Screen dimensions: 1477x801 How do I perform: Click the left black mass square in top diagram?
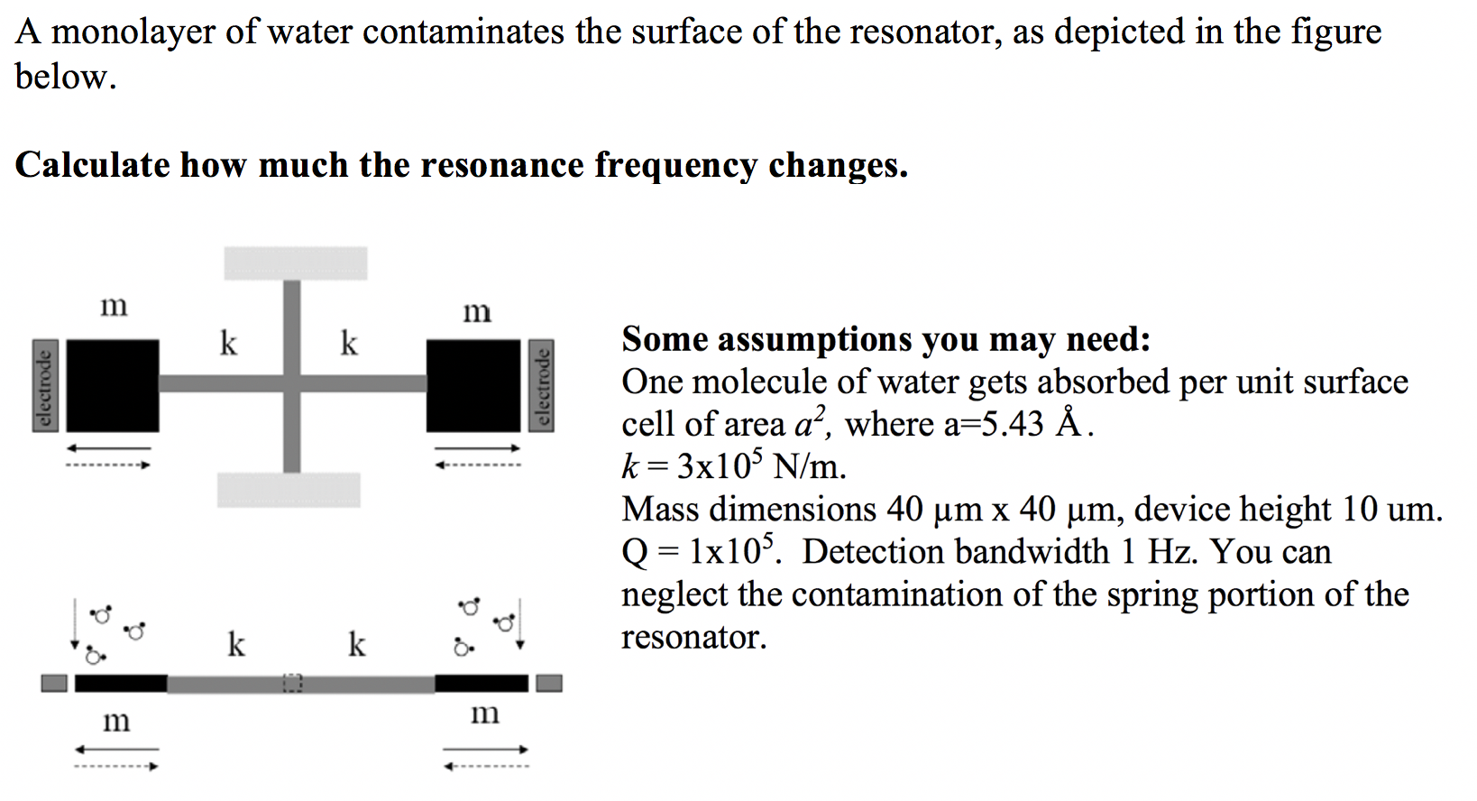coord(113,385)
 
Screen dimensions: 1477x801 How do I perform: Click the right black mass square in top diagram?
coord(473,385)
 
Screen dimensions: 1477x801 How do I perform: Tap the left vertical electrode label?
coord(41,385)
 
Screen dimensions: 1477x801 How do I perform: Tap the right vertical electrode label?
coord(542,385)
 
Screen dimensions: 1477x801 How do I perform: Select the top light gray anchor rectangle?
coord(296,262)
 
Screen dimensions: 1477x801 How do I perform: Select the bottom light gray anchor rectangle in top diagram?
coord(289,490)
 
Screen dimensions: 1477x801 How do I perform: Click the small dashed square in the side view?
coord(291,684)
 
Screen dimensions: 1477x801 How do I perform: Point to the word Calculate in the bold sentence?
coord(92,165)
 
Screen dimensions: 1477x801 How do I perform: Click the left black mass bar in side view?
coord(121,684)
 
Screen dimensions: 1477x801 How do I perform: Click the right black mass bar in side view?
coord(482,684)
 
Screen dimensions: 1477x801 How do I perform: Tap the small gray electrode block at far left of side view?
coord(54,684)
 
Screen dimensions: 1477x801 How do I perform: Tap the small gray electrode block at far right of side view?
coord(549,684)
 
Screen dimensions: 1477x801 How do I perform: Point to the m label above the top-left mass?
coord(114,306)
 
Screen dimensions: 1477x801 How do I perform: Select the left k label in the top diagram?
coord(229,343)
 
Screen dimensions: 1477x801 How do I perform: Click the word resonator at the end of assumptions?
coord(693,638)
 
